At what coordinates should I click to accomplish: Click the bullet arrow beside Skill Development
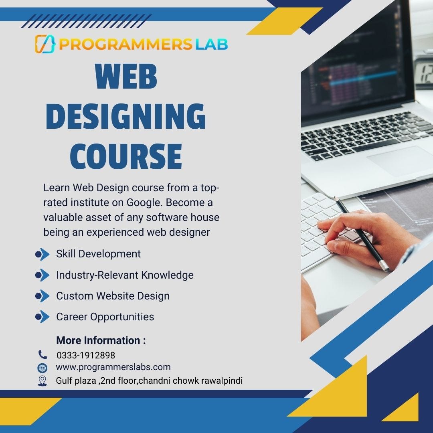(x=42, y=254)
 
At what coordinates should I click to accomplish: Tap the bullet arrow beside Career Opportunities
(x=42, y=317)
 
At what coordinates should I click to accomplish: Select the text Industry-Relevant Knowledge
(x=125, y=275)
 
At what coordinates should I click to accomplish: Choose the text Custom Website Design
(x=113, y=296)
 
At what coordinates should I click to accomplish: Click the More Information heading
(x=101, y=340)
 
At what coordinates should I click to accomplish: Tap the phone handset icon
(x=42, y=354)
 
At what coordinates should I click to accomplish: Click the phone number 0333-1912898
(x=86, y=355)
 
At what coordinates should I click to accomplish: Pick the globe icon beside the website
(x=42, y=368)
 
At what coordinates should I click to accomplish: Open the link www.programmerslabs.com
(x=113, y=367)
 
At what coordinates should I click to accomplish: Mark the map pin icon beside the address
(x=42, y=380)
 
